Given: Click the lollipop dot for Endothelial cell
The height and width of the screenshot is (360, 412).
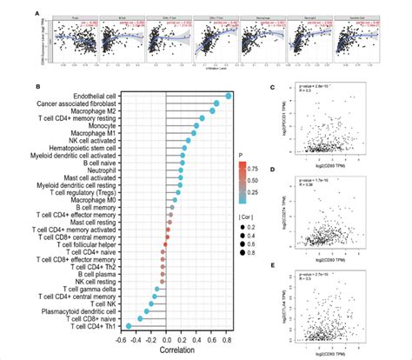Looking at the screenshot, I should (229, 96).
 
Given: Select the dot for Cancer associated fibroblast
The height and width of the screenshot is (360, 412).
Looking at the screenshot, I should (216, 105).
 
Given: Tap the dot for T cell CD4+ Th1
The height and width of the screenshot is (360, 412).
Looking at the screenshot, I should (129, 326).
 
